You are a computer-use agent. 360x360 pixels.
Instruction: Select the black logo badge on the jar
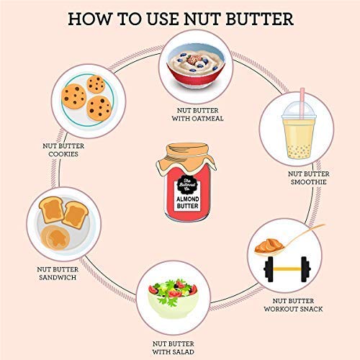click(x=180, y=179)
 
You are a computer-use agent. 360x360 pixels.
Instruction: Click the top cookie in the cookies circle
click(x=96, y=84)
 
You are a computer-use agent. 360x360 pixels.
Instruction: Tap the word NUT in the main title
click(x=205, y=18)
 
